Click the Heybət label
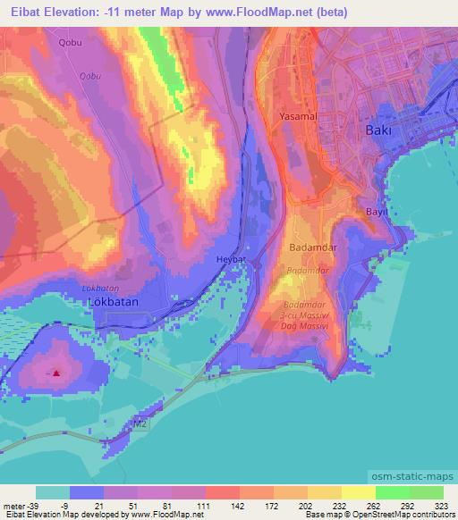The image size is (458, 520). coord(231,259)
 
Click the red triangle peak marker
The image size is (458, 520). coord(56,373)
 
